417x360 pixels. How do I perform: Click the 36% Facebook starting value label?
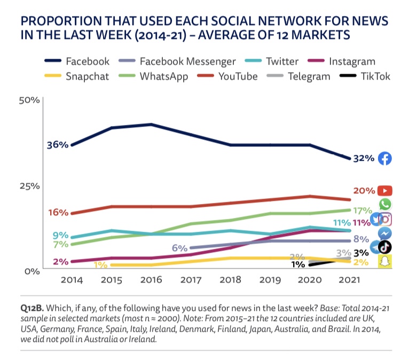tap(58, 145)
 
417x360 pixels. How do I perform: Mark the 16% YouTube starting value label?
tap(58, 212)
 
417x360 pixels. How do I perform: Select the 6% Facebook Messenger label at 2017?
tap(179, 248)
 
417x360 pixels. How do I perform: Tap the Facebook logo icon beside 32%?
tap(384, 158)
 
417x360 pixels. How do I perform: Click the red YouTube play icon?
tap(384, 191)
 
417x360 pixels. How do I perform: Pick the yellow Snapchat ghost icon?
tap(384, 262)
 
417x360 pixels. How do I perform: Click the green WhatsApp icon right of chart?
tap(384, 204)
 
